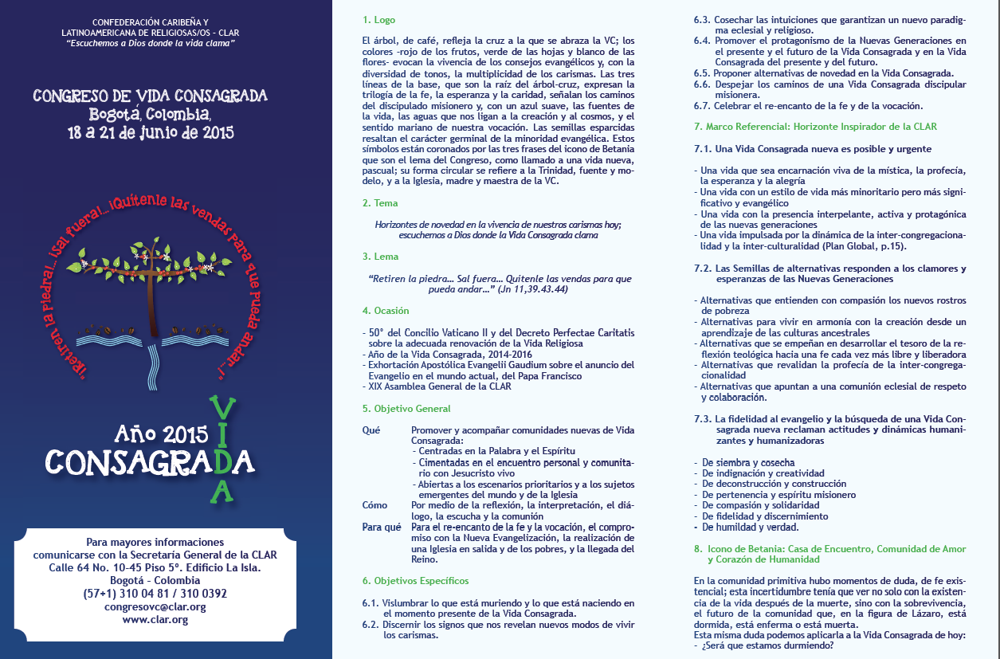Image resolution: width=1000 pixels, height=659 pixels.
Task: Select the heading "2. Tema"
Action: point(379,203)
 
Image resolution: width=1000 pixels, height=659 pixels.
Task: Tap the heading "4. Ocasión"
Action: point(385,310)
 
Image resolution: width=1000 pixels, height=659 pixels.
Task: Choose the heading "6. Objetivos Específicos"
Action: point(415,580)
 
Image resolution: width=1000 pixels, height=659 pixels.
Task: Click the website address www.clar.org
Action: point(155,619)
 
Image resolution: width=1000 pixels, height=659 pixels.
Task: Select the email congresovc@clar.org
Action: point(155,606)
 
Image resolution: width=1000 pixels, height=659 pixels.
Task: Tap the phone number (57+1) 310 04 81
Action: point(124,593)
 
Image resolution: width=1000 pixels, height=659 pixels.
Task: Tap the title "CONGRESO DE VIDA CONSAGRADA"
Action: point(150,96)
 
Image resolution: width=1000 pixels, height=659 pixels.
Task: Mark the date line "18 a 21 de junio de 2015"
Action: point(150,133)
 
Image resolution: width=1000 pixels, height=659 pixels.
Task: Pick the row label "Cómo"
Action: point(375,504)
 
